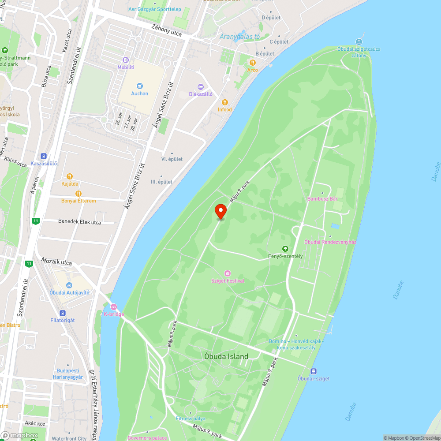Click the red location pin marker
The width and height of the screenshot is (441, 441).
tap(220, 211)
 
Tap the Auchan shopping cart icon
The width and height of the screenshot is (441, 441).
tap(140, 86)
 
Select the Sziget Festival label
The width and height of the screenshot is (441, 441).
tap(228, 281)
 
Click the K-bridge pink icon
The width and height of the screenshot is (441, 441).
tap(114, 306)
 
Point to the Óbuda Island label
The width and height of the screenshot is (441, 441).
tap(226, 356)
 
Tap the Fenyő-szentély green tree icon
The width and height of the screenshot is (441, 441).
tap(285, 249)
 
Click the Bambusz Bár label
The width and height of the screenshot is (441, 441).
tap(322, 199)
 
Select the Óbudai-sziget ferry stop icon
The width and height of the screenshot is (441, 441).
tap(314, 371)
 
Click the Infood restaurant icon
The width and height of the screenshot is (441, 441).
tap(224, 102)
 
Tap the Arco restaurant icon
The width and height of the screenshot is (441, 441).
tap(253, 63)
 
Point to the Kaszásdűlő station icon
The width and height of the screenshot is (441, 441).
tap(44, 156)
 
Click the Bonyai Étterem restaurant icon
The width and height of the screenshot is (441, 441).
tap(78, 193)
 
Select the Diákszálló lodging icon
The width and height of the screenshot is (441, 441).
tap(201, 86)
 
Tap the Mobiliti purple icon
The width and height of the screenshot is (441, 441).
tap(126, 60)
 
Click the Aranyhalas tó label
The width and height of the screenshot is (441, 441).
tap(239, 37)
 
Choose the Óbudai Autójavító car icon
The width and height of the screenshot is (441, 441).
tap(69, 285)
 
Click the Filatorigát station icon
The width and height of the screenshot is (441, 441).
tap(63, 313)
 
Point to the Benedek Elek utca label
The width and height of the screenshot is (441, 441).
tap(79, 222)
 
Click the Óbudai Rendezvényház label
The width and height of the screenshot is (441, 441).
tap(330, 242)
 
